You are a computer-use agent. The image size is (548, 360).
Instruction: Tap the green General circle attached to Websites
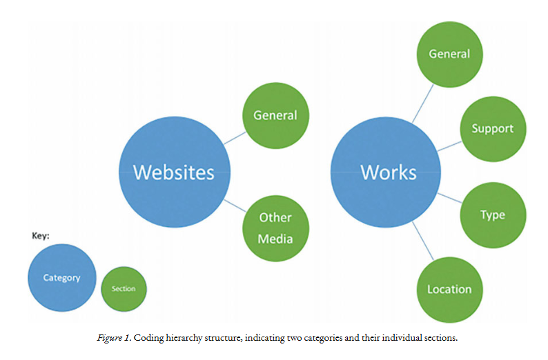coord(275,116)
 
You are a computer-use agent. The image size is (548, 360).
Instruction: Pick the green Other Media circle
coord(275,228)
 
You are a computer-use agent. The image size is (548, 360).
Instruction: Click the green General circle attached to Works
coord(449,54)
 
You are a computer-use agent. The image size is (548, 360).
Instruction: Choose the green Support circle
coord(492,128)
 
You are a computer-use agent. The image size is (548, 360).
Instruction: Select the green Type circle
coord(492,214)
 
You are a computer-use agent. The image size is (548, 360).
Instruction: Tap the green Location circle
coord(449,289)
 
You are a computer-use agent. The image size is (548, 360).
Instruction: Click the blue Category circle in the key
coord(61,278)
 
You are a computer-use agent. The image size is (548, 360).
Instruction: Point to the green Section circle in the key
coord(124,288)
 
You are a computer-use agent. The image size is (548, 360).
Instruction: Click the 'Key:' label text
coord(41,235)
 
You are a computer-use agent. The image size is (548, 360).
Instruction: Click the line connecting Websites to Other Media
coord(235,205)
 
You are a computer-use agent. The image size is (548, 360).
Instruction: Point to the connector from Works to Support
coord(449,146)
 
